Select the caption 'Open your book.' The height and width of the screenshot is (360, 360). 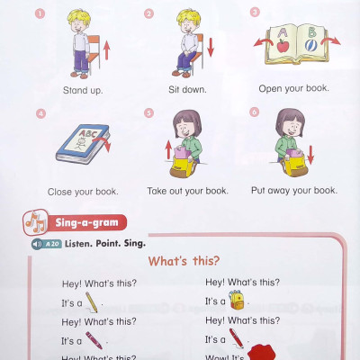pos(294,88)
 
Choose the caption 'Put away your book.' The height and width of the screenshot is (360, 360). pos(294,190)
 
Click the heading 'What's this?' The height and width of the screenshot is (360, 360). pos(184,261)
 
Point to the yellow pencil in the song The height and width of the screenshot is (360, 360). pos(94,301)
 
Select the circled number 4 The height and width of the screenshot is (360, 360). pos(40,114)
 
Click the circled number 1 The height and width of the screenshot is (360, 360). pos(40,13)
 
